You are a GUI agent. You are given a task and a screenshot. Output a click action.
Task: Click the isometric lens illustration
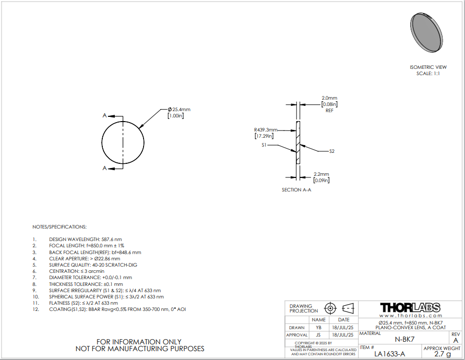426,33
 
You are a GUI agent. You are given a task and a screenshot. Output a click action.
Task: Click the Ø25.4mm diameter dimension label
179,110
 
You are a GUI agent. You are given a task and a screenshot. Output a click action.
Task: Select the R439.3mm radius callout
266,130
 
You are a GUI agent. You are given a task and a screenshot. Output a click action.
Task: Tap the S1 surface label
264,145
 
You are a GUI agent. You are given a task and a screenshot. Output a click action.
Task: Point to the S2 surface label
332,151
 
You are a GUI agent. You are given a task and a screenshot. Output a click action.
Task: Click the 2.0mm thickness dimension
329,98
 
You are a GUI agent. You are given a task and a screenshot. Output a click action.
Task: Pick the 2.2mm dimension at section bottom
321,174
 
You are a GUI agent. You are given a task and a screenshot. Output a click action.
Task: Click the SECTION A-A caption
296,190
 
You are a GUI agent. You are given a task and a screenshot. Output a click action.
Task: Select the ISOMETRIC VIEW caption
428,67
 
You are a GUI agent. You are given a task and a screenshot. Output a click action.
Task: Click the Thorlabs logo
410,307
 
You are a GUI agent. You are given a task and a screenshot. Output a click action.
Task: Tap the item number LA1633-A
389,354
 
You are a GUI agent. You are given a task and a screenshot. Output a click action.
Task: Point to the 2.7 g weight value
443,354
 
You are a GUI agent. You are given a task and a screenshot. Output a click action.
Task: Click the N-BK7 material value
404,339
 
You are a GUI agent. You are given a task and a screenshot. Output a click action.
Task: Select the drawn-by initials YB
318,328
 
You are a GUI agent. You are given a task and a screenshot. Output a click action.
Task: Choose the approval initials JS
318,335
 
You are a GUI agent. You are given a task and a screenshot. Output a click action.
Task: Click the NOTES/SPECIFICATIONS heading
59,227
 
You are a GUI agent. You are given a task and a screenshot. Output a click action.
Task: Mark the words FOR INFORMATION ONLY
139,342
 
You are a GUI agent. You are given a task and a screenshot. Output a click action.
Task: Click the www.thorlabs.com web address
411,316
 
